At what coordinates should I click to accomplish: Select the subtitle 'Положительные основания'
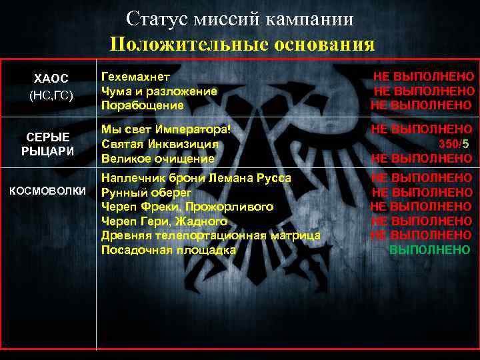pyautogui.click(x=243, y=44)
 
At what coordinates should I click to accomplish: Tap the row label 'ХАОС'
pyautogui.click(x=51, y=79)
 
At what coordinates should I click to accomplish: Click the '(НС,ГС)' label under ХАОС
pyautogui.click(x=51, y=96)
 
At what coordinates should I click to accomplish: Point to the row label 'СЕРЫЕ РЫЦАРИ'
pyautogui.click(x=51, y=144)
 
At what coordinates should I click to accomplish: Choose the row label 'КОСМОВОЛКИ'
pyautogui.click(x=51, y=191)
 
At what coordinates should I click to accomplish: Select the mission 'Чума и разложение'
pyautogui.click(x=159, y=91)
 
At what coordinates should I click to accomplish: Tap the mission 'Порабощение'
pyautogui.click(x=143, y=105)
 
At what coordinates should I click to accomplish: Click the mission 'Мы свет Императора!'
pyautogui.click(x=166, y=129)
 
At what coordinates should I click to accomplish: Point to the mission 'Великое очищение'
pyautogui.click(x=158, y=158)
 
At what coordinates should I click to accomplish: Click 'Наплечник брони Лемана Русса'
pyautogui.click(x=196, y=178)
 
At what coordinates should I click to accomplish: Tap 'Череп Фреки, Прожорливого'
pyautogui.click(x=187, y=207)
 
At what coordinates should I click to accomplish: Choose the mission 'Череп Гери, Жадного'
pyautogui.click(x=165, y=221)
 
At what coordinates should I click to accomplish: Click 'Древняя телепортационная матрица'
pyautogui.click(x=211, y=235)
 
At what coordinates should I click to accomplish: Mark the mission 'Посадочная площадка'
pyautogui.click(x=169, y=250)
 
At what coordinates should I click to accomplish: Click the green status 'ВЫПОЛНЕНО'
pyautogui.click(x=429, y=250)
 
